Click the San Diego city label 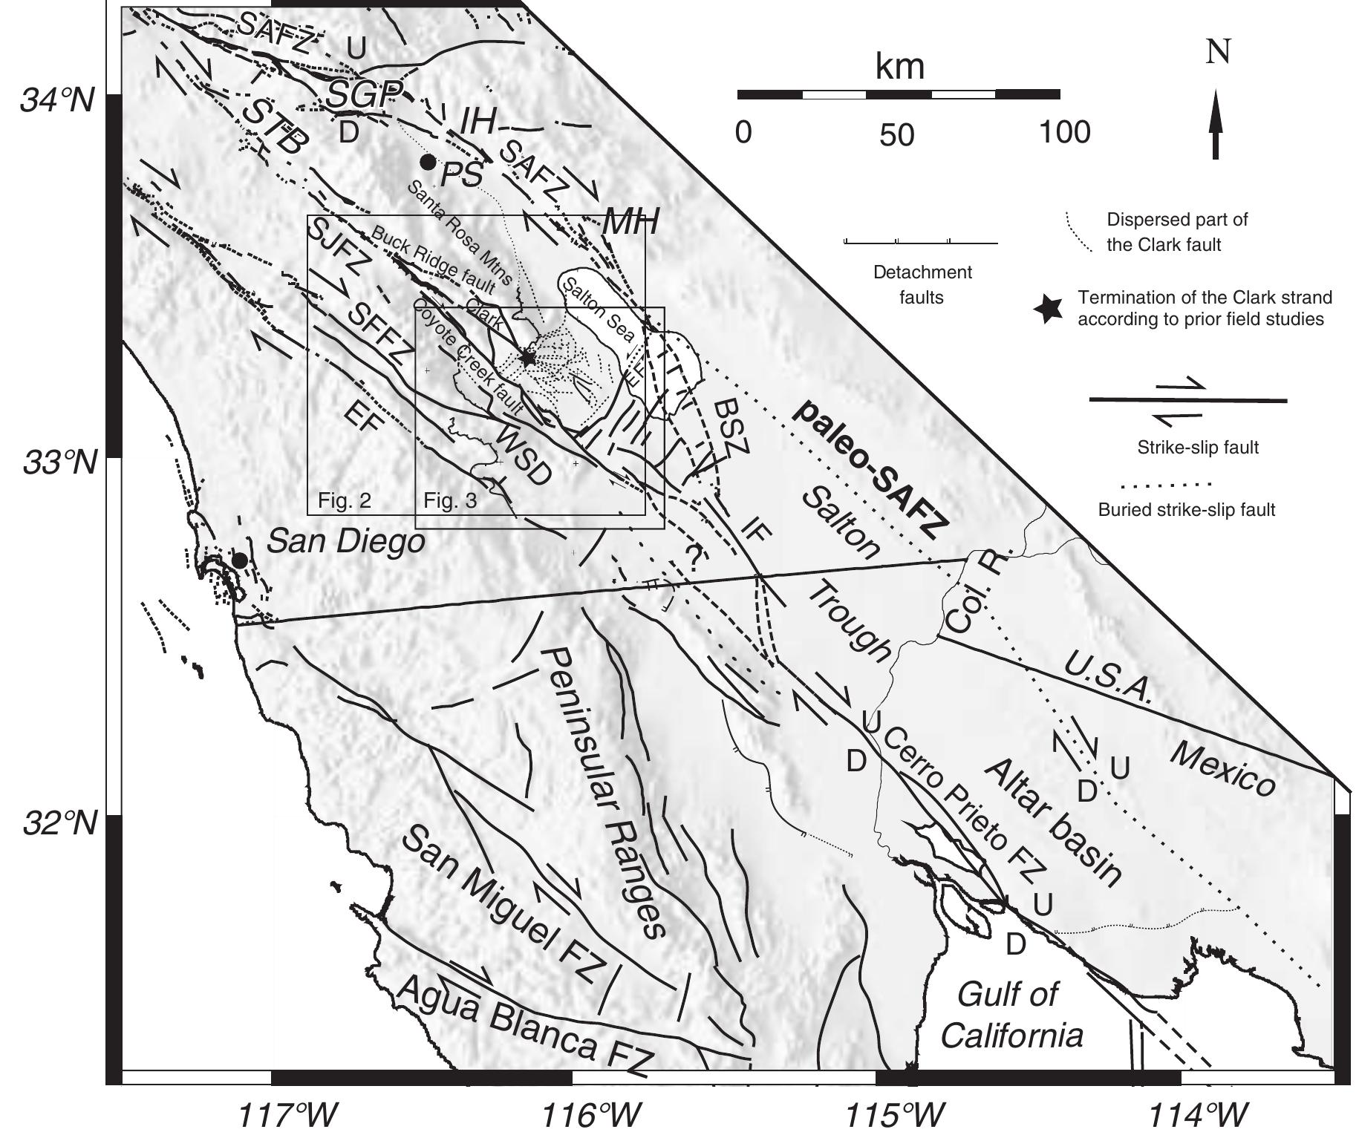pyautogui.click(x=345, y=542)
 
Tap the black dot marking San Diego pyautogui.click(x=239, y=560)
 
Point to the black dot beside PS pyautogui.click(x=427, y=162)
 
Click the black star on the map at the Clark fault pyautogui.click(x=527, y=359)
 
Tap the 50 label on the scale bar pyautogui.click(x=898, y=136)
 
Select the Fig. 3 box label pyautogui.click(x=450, y=501)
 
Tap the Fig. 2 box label pyautogui.click(x=344, y=501)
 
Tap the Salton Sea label pyautogui.click(x=598, y=311)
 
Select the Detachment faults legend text pyautogui.click(x=922, y=285)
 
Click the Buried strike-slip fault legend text pyautogui.click(x=1186, y=510)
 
